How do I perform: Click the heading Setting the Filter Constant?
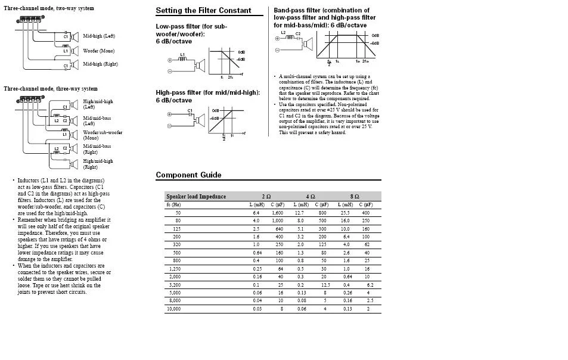(x=203, y=10)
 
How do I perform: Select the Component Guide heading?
(x=188, y=175)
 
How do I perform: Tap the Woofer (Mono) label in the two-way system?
(x=98, y=51)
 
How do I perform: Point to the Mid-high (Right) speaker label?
(x=100, y=64)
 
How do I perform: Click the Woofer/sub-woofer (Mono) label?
(x=103, y=135)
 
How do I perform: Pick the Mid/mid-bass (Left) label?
(x=97, y=120)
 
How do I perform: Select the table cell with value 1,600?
(x=277, y=213)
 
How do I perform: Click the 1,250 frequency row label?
(x=175, y=269)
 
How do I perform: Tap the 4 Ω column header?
(x=311, y=196)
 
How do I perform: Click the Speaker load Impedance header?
(x=196, y=196)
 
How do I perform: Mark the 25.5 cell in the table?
(x=345, y=213)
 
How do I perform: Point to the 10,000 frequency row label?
(x=173, y=309)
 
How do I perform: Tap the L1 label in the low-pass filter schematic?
(x=182, y=55)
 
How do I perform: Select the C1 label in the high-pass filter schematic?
(x=190, y=110)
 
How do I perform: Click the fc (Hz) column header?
(x=173, y=204)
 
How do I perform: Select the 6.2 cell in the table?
(x=370, y=285)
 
